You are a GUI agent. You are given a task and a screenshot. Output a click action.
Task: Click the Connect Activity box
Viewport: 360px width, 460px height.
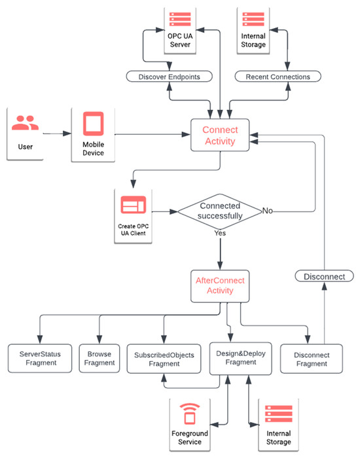click(x=220, y=135)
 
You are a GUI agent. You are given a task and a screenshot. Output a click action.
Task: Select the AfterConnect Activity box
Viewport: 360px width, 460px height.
click(x=220, y=285)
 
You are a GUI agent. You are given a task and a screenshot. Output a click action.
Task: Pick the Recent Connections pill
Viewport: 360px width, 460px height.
click(x=278, y=77)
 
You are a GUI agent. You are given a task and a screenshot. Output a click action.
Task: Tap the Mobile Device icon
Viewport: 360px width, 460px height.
click(x=92, y=123)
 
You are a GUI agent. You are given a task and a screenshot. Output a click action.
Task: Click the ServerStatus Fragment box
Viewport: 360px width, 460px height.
click(x=40, y=358)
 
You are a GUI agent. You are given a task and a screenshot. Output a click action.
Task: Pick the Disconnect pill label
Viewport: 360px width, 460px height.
click(x=325, y=276)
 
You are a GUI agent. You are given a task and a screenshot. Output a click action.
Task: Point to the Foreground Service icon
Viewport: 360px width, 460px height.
click(x=189, y=416)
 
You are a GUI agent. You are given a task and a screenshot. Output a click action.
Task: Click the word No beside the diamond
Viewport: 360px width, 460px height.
click(x=267, y=211)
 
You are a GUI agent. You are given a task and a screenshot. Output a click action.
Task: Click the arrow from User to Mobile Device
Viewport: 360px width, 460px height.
click(x=60, y=133)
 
